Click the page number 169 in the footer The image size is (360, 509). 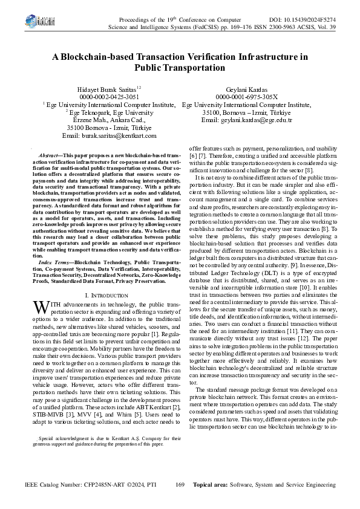(x=180, y=485)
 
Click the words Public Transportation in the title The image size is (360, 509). (x=180, y=68)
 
